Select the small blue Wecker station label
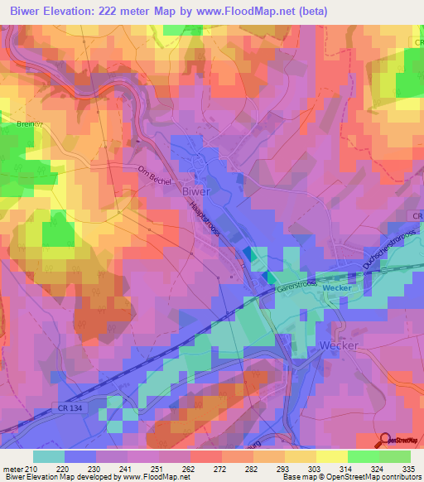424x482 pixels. tap(337, 287)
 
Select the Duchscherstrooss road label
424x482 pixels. tap(388, 251)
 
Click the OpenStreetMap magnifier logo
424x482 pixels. tap(385, 441)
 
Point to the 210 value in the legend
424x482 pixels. tap(33, 468)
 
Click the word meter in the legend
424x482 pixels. tap(12, 468)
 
